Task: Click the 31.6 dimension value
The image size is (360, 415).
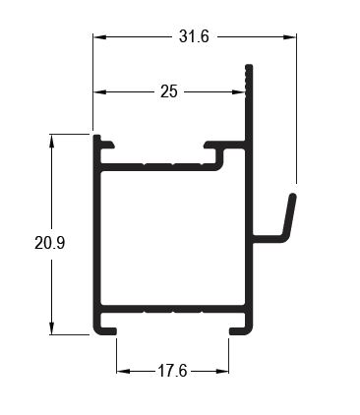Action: (x=194, y=36)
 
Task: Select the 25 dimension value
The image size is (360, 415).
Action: (x=169, y=91)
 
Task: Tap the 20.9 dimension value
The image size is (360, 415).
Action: (x=50, y=243)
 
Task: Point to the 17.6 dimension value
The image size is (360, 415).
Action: (x=172, y=371)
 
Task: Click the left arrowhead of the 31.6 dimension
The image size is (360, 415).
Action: (x=99, y=36)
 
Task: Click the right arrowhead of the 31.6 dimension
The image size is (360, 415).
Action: (x=290, y=36)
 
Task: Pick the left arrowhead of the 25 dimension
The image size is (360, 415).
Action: (x=99, y=92)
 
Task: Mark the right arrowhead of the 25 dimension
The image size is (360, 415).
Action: (x=239, y=92)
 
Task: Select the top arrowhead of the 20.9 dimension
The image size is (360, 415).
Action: (x=51, y=141)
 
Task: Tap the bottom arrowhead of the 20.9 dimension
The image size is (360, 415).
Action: (x=51, y=328)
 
